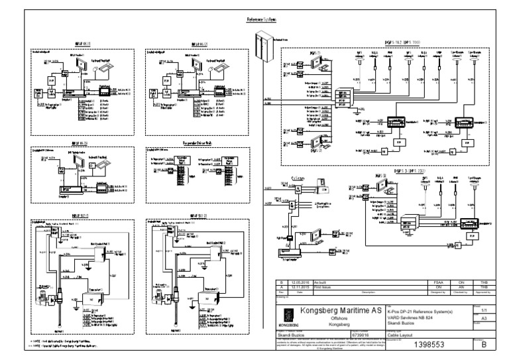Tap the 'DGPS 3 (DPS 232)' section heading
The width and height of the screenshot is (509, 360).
tap(406, 171)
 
